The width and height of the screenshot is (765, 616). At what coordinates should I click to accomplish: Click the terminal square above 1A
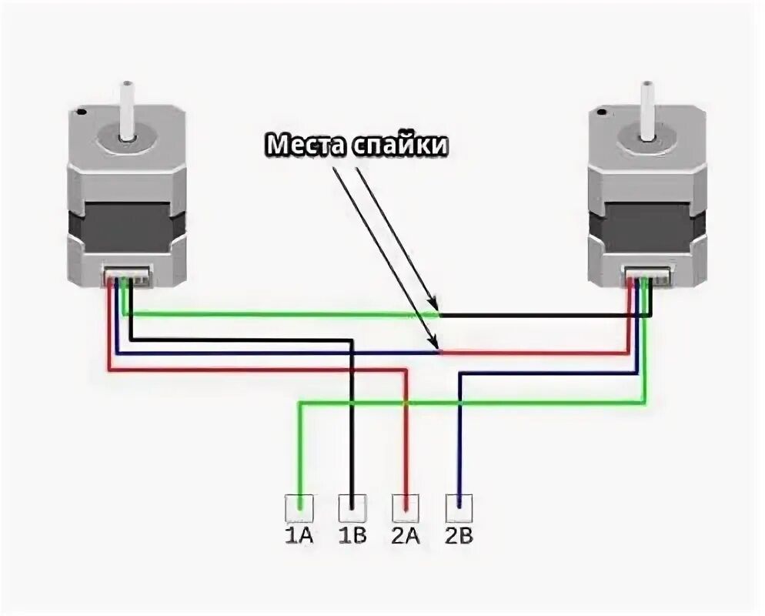pyautogui.click(x=299, y=507)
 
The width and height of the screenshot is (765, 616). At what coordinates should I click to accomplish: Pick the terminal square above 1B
pyautogui.click(x=352, y=507)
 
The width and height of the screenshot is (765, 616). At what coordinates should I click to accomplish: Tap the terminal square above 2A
pyautogui.click(x=405, y=507)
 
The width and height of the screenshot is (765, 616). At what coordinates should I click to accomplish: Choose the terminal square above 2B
pyautogui.click(x=459, y=507)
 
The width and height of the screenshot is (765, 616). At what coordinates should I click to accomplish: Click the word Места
pyautogui.click(x=306, y=144)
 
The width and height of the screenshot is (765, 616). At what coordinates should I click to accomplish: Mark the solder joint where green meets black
pyautogui.click(x=439, y=314)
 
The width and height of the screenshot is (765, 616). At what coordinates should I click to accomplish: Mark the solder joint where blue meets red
pyautogui.click(x=440, y=353)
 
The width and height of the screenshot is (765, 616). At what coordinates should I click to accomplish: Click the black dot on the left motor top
pyautogui.click(x=82, y=113)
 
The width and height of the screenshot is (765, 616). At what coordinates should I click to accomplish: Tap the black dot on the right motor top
pyautogui.click(x=600, y=113)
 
